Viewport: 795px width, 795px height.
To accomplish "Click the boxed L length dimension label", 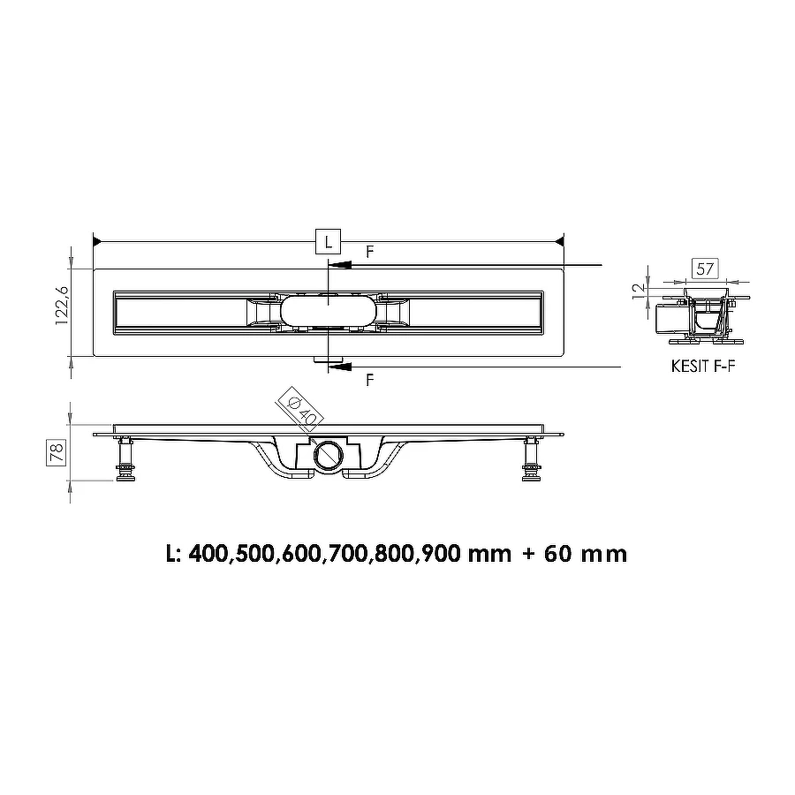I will coord(328,240).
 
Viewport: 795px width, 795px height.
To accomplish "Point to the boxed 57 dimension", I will coord(705,268).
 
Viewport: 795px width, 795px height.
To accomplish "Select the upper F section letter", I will coord(369,252).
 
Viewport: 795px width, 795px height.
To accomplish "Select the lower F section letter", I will coord(369,380).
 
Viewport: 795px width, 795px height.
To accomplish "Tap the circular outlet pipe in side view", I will coord(328,457).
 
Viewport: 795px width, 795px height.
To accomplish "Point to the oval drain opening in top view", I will coord(328,311).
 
